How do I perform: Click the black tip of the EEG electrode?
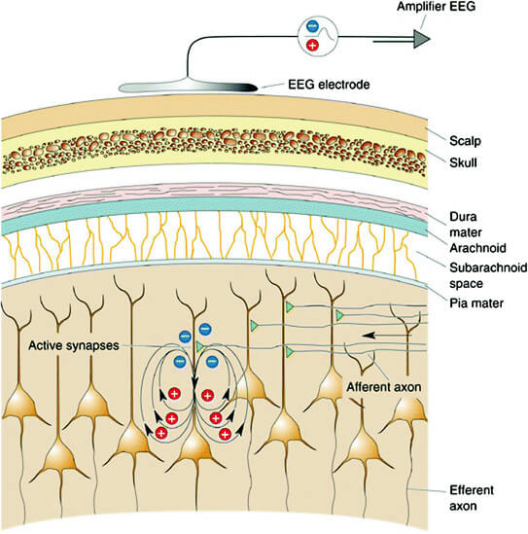coord(247,88)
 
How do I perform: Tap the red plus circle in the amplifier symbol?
coord(312,47)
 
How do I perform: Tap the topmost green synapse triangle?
coord(289,306)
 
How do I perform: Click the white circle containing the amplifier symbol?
coord(322,38)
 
